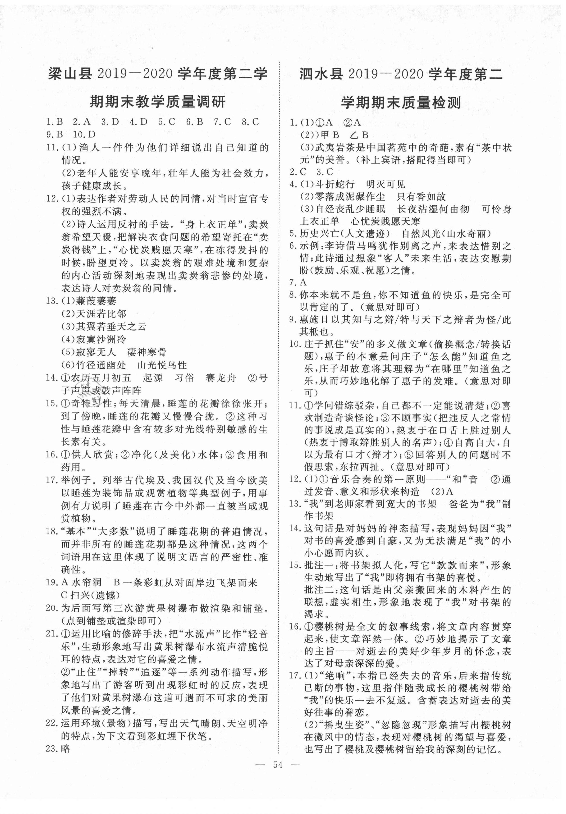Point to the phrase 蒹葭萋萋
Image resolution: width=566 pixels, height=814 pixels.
point(96,301)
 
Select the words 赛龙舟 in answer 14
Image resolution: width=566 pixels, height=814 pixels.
point(221,378)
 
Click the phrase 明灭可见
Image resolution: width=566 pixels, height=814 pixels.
point(386,184)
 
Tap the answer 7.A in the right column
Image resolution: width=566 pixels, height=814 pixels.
point(298,282)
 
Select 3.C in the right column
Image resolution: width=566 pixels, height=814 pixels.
point(325,172)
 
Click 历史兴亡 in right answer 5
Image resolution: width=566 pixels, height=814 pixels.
point(319,234)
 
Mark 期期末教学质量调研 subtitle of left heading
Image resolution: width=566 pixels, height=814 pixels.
point(157,103)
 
